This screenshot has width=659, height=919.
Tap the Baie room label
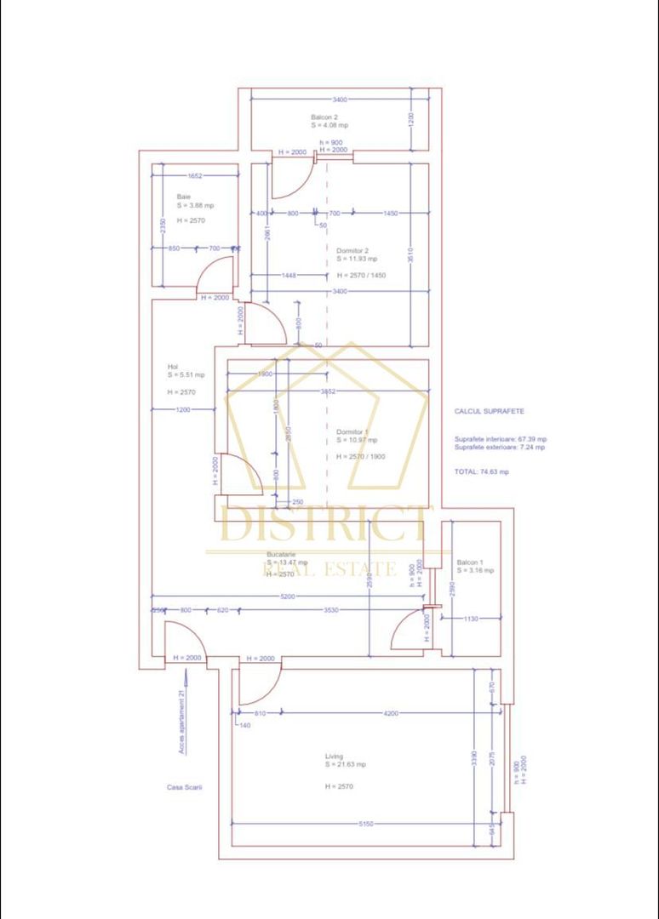click(x=184, y=197)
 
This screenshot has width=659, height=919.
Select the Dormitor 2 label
click(x=352, y=251)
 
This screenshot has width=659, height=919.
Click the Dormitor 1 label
click(x=352, y=431)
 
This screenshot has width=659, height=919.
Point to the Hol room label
click(x=173, y=367)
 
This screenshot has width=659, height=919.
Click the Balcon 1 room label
click(x=469, y=562)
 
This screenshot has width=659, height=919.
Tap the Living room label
click(x=334, y=756)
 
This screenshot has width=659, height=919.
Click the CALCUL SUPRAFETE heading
click(x=490, y=411)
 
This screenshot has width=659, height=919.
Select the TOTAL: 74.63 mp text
click(x=481, y=471)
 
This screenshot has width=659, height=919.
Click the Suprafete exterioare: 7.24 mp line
click(x=501, y=448)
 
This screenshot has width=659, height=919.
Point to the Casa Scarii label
click(x=184, y=787)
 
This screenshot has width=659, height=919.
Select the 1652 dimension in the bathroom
click(x=194, y=175)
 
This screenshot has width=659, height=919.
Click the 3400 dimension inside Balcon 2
click(x=340, y=100)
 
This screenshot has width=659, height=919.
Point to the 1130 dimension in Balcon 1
click(x=471, y=619)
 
